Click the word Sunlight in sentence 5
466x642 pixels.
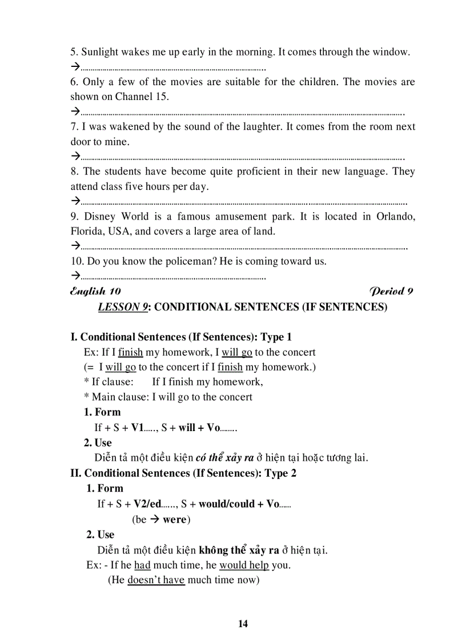[100, 52]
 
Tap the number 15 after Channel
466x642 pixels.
[162, 97]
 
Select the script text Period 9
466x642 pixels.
[391, 291]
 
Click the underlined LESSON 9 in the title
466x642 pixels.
[123, 307]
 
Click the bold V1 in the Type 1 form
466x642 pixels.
[138, 427]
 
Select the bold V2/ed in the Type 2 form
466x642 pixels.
[148, 504]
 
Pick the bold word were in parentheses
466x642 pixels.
[175, 519]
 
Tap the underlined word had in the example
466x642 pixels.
[142, 565]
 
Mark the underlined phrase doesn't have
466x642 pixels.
[156, 580]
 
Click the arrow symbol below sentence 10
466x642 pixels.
[75, 276]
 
